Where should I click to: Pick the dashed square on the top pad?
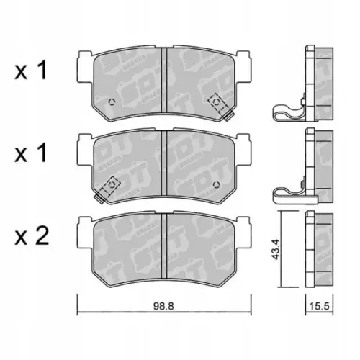point(215,103)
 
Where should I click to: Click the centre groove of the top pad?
point(166,83)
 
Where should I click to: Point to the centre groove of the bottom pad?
point(166,245)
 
